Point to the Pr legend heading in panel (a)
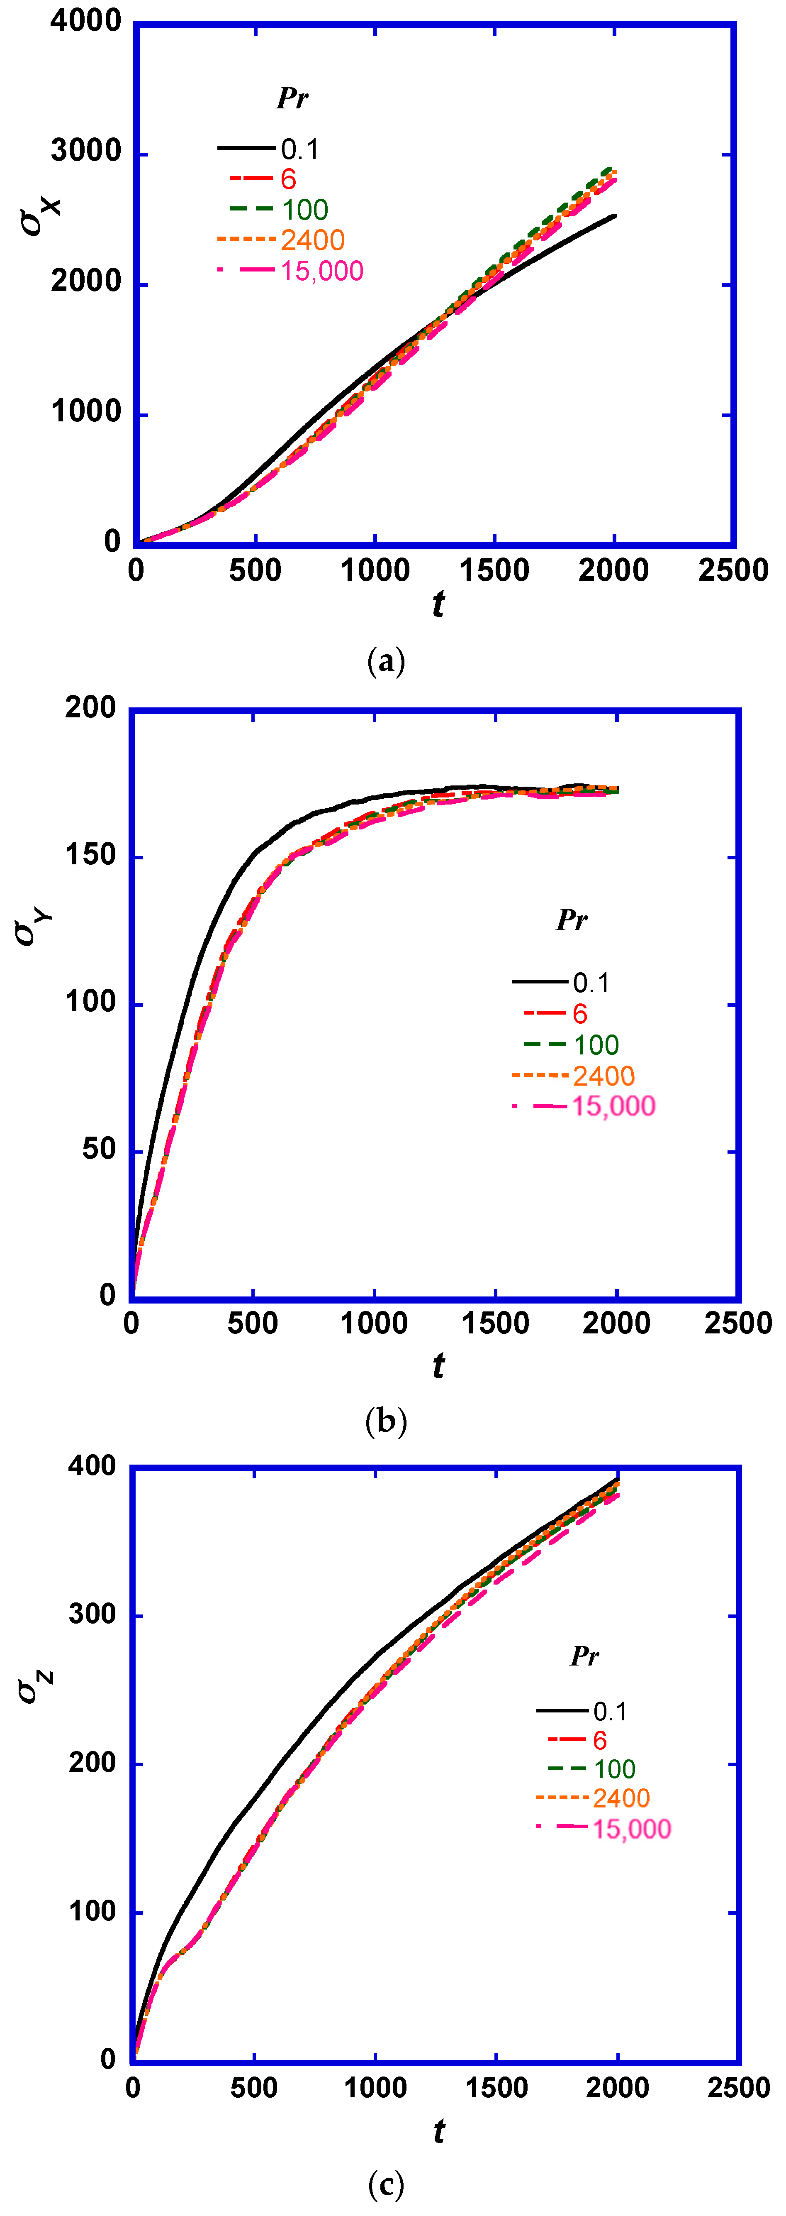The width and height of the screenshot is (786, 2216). tap(292, 98)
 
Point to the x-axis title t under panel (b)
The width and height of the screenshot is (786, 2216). tap(438, 1365)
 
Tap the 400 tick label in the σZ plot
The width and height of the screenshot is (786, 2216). tap(92, 1466)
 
